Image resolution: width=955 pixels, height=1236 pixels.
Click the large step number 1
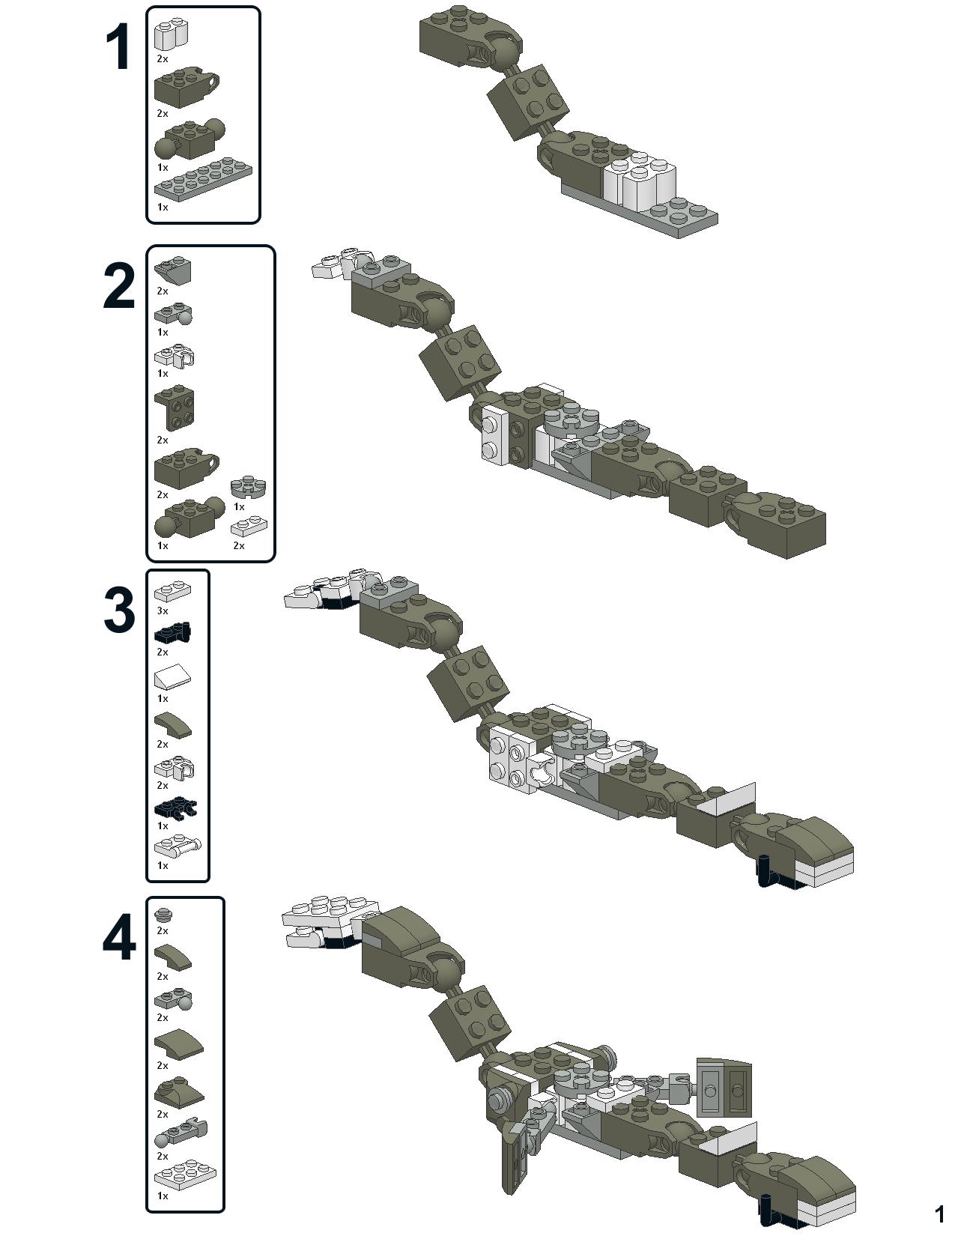point(118,49)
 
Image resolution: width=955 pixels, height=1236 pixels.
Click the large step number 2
point(119,286)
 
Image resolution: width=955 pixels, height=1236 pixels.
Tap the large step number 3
point(119,611)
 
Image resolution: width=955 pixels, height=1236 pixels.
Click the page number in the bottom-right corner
point(940,1215)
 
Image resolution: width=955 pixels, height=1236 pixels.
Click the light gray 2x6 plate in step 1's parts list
point(203,180)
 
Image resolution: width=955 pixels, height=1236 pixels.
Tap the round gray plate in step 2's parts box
point(248,487)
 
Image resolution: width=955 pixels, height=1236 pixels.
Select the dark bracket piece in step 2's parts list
point(174,410)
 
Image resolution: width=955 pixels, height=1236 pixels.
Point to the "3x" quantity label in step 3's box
point(163,611)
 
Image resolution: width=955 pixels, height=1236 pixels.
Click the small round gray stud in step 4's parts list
point(164,914)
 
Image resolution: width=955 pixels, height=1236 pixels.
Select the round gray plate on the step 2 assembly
point(571,419)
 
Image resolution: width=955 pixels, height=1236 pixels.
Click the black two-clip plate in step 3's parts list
point(175,808)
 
